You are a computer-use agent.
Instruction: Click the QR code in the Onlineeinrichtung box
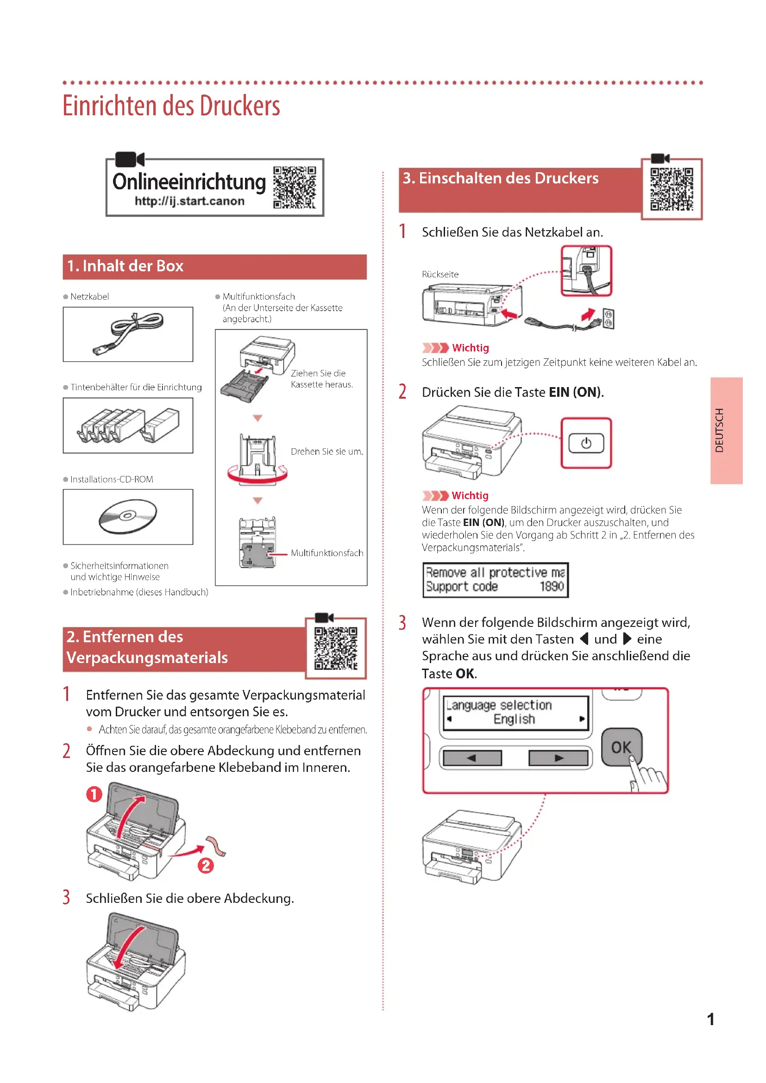click(295, 187)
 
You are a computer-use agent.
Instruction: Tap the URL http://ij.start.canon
click(189, 201)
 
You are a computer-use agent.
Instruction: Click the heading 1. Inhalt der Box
click(125, 267)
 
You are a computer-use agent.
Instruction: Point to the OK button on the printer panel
click(621, 747)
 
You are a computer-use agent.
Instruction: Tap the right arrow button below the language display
click(559, 758)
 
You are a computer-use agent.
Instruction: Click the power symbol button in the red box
click(586, 444)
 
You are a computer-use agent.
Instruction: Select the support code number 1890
click(552, 586)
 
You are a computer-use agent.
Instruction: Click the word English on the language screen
click(514, 719)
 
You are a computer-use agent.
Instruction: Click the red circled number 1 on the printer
click(94, 794)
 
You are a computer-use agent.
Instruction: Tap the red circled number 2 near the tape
click(206, 865)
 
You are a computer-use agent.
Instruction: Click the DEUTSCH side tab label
click(719, 430)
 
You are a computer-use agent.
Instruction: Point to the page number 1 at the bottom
click(710, 1019)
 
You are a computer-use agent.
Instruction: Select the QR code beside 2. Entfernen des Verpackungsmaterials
click(336, 648)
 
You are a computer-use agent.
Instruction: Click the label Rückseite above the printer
click(440, 275)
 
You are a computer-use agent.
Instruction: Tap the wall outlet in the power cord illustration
click(608, 319)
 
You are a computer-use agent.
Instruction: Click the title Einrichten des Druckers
click(172, 106)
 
